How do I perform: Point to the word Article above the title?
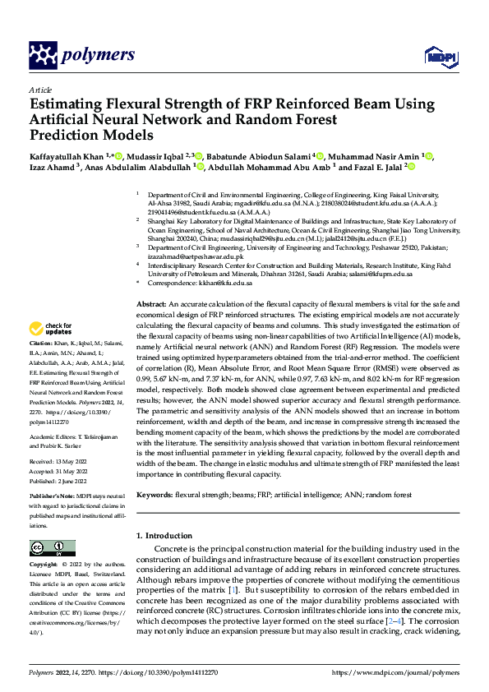click(x=40, y=90)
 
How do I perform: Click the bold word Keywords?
click(x=155, y=496)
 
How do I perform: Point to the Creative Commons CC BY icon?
click(x=47, y=548)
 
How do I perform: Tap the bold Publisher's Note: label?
click(x=54, y=496)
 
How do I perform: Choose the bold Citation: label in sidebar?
click(x=41, y=342)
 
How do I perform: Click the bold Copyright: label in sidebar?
click(x=44, y=565)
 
